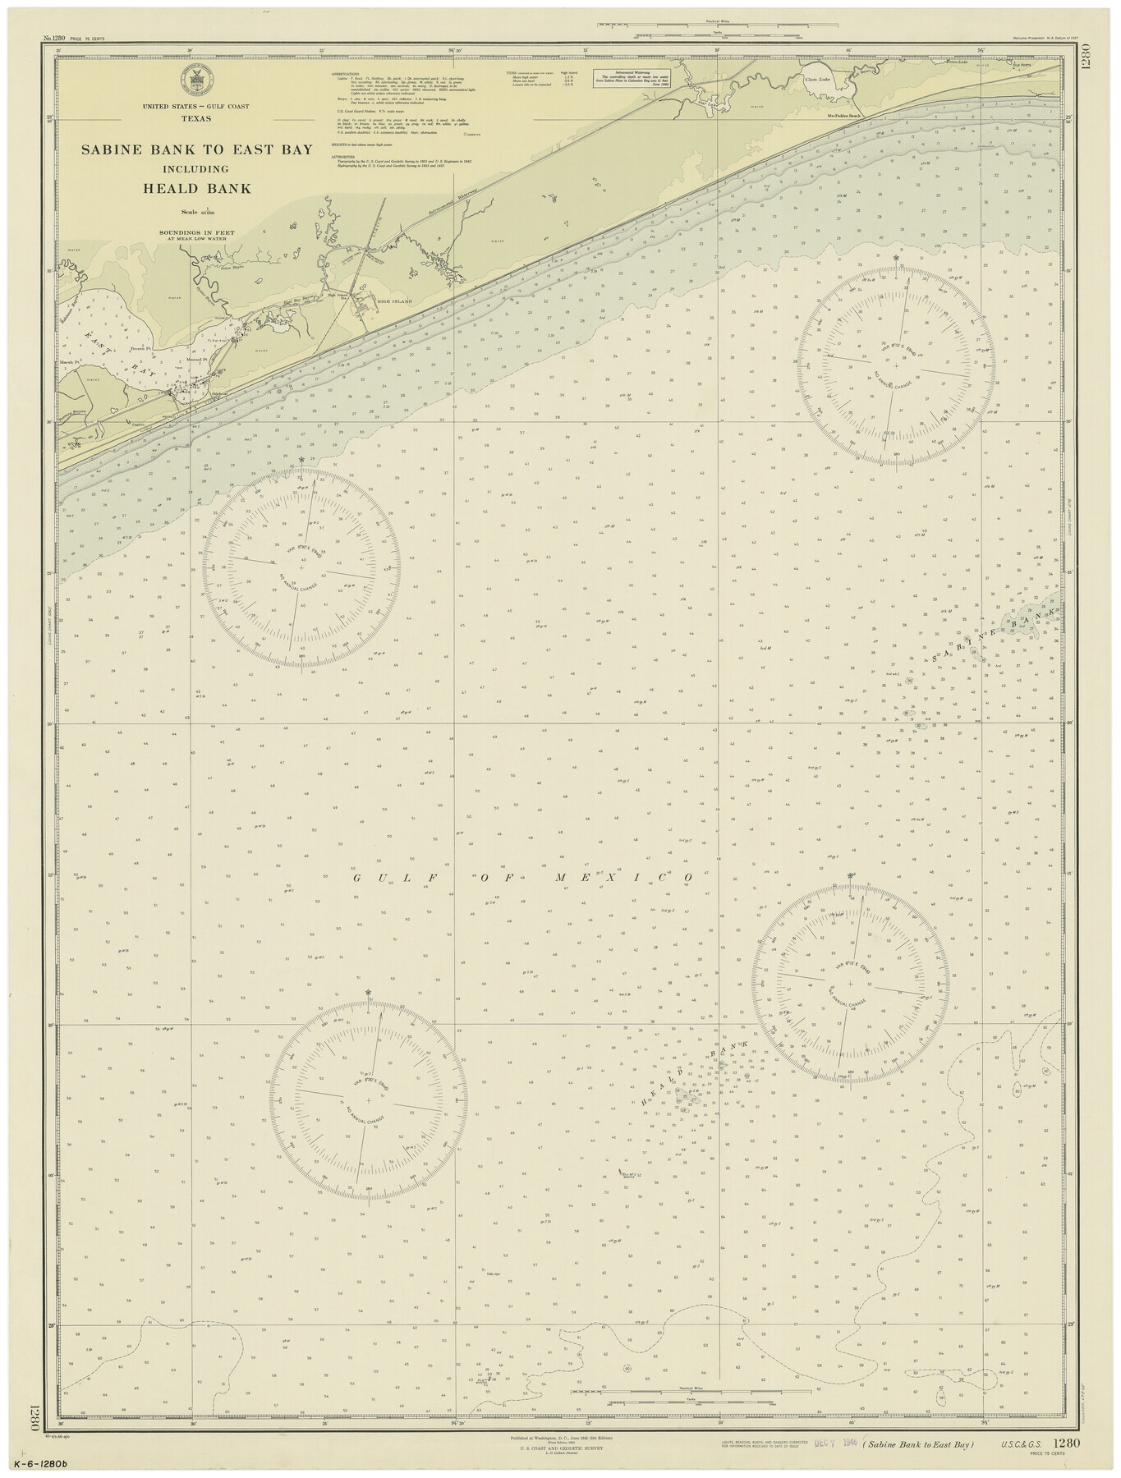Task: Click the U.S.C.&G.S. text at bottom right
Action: [x=1023, y=1444]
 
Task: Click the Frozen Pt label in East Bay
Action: [x=144, y=348]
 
